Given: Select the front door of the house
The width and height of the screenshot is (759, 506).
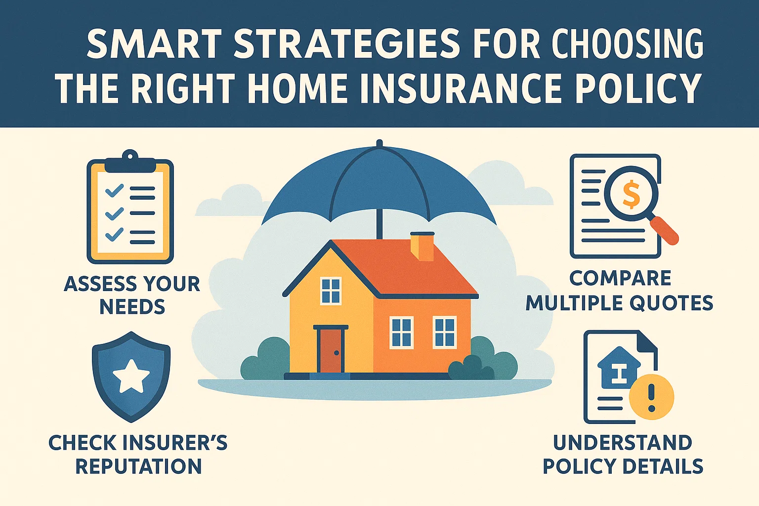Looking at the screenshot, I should click(x=331, y=350).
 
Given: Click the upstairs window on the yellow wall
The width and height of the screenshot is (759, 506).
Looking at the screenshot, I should click(x=331, y=291).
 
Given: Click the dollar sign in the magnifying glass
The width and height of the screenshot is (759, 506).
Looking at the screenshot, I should click(x=631, y=194).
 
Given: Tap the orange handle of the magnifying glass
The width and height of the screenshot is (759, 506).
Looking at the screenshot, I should click(x=665, y=230).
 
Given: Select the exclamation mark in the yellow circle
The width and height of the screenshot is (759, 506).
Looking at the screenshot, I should click(x=651, y=398).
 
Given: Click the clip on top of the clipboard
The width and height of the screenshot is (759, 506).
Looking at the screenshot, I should click(x=129, y=157).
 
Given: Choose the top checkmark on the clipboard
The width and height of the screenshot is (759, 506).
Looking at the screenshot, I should click(x=114, y=190).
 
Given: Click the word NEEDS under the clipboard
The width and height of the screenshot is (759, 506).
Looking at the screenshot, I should click(x=132, y=307).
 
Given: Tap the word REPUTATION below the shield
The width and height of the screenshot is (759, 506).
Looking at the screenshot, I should click(x=138, y=466).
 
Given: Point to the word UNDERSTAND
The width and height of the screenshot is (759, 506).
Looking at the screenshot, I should click(x=623, y=443).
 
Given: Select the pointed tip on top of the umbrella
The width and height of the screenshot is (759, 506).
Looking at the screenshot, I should click(x=379, y=144).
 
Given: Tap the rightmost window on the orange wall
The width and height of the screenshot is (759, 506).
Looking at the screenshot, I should click(x=444, y=332).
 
